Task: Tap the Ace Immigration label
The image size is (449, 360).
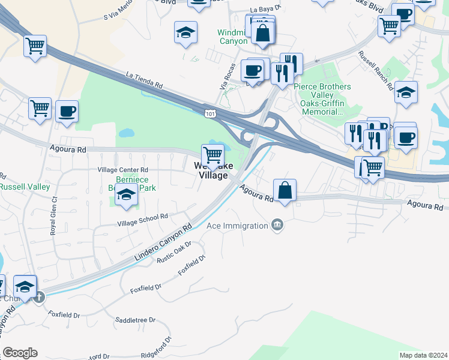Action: pos(237,226)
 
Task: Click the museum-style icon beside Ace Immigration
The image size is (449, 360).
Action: pos(277,226)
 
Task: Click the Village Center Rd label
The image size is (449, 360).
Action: pos(123,170)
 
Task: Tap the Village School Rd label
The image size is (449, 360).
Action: pos(142,220)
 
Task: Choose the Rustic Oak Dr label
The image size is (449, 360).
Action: pos(173,252)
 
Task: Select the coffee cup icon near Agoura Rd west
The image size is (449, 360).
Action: pos(67,111)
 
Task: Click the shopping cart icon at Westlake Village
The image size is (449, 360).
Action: pos(212,154)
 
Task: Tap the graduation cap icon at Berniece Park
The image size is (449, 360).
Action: pos(126,196)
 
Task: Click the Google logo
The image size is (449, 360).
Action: pos(20,353)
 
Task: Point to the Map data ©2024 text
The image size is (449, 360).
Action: pos(423,355)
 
